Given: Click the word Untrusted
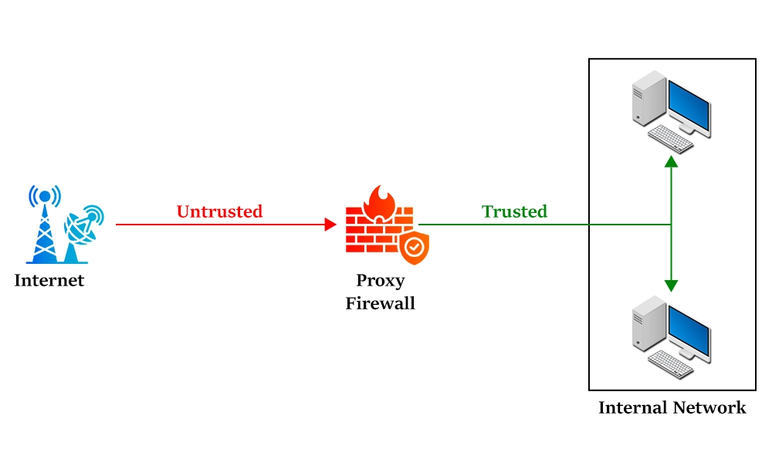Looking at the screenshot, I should click(219, 211).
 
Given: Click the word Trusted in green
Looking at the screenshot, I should click(514, 211).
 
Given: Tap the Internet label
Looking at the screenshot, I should click(49, 280).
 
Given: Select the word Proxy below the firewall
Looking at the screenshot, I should click(380, 280).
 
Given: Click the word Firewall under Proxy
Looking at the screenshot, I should click(380, 303).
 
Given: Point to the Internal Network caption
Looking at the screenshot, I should click(672, 407).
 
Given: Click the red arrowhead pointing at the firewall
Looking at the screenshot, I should click(330, 225).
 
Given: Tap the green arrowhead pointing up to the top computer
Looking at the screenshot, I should click(672, 161).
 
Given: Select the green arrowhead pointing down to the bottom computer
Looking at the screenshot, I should click(672, 285).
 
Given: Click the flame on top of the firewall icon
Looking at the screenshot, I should click(379, 202).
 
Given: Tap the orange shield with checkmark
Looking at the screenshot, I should click(414, 248).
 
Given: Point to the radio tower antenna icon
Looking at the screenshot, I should click(44, 224).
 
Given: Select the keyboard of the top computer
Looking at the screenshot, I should click(669, 140).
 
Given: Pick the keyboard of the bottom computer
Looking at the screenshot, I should click(669, 363).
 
